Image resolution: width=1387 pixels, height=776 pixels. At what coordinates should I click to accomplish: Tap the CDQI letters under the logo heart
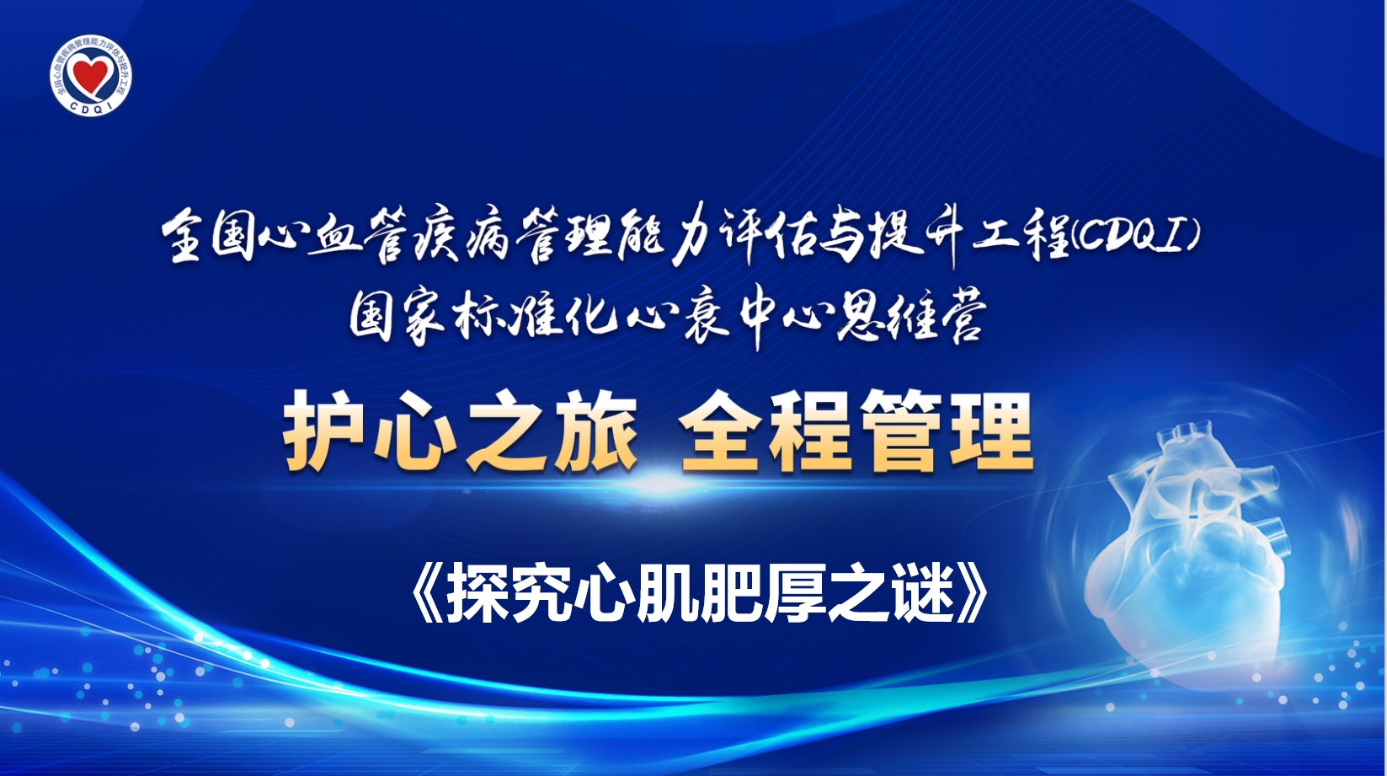[x=91, y=106]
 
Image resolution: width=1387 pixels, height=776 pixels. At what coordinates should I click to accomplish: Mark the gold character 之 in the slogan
[x=505, y=431]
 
